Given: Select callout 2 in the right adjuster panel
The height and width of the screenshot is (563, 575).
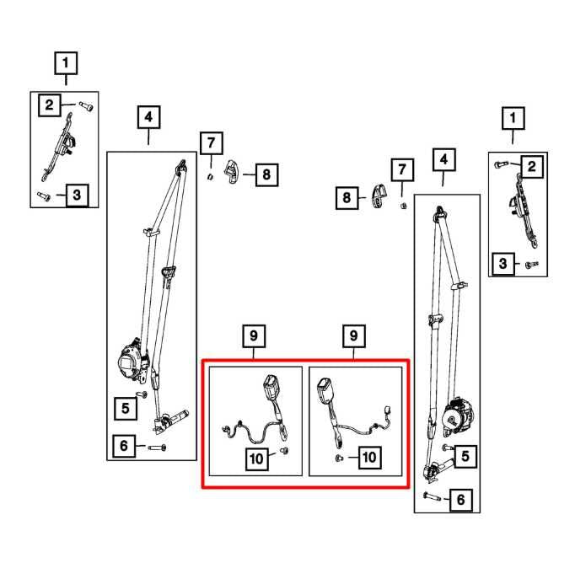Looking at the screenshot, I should click(x=531, y=166).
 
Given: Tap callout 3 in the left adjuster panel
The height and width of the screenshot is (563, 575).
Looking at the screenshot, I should click(x=76, y=196).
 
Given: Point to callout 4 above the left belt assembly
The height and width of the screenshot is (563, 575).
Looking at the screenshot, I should click(x=148, y=117).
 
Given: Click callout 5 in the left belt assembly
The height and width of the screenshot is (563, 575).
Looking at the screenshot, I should click(x=125, y=409).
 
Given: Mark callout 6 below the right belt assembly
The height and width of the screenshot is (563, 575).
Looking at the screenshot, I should click(x=459, y=501).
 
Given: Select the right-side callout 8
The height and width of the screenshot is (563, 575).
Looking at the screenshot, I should click(x=345, y=199).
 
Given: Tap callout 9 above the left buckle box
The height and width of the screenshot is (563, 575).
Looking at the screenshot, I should click(x=253, y=336).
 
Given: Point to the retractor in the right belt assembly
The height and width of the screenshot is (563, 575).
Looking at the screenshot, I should click(x=458, y=414).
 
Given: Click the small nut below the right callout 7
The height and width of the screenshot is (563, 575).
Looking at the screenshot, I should click(x=403, y=205).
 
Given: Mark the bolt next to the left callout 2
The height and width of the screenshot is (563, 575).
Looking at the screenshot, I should click(x=85, y=105).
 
